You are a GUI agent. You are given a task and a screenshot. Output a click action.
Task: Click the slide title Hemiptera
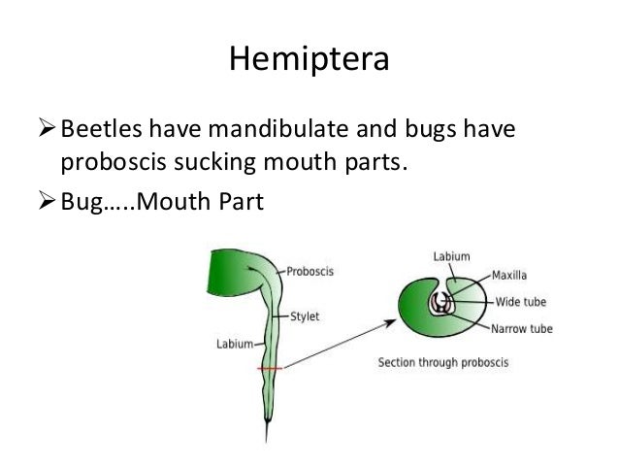309,60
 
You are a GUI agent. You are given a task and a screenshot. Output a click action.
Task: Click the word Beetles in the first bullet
99,128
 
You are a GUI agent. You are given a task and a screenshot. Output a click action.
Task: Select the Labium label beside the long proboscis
234,343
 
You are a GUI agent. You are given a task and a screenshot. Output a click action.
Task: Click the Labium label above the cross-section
450,256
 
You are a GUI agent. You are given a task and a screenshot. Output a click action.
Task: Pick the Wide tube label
522,301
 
